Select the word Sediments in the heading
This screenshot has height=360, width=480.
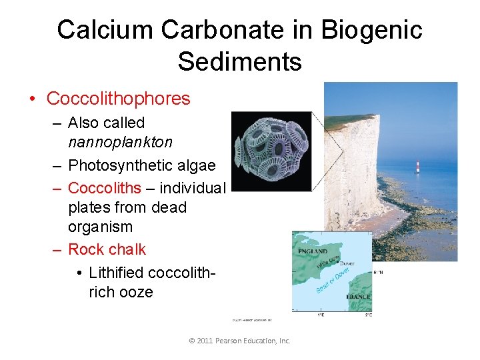click(239, 62)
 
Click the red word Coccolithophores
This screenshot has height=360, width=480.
click(118, 99)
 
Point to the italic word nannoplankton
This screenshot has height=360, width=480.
click(120, 142)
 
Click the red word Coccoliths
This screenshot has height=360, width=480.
click(104, 187)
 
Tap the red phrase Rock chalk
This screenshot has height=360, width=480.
click(107, 249)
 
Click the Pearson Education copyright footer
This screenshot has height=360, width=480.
click(240, 341)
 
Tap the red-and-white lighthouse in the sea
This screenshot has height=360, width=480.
click(418, 166)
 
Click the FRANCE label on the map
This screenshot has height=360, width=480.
click(357, 297)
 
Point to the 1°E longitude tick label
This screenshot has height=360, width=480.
click(320, 313)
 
